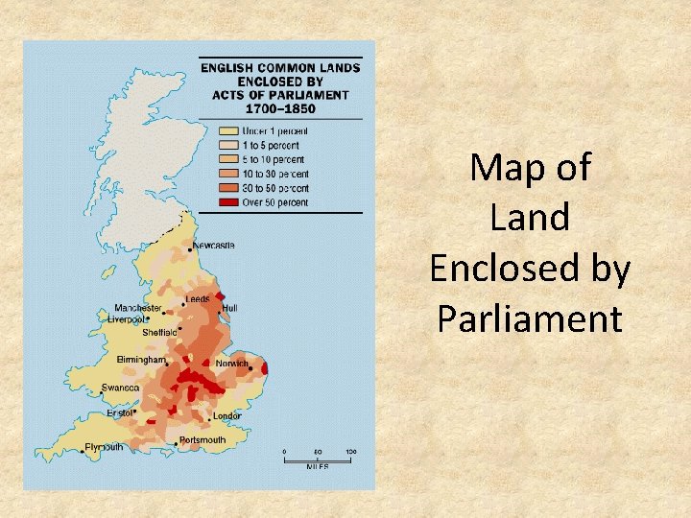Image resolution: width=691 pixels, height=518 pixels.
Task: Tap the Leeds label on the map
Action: click(198, 299)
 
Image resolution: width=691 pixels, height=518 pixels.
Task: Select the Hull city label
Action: click(229, 308)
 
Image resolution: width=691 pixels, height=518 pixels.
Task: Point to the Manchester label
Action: click(138, 308)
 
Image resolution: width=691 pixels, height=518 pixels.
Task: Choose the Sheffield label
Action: click(159, 332)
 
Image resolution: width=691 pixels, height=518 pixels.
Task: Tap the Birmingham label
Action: click(141, 359)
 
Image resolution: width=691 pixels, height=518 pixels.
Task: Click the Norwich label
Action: click(231, 364)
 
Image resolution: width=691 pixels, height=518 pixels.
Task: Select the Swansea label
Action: click(120, 388)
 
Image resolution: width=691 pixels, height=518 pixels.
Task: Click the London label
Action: click(227, 416)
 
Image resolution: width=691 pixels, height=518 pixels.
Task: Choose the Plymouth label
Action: click(104, 447)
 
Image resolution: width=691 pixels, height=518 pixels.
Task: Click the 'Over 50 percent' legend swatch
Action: click(228, 203)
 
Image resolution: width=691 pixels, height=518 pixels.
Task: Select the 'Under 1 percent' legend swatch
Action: click(228, 129)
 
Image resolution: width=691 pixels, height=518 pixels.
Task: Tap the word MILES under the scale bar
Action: click(318, 466)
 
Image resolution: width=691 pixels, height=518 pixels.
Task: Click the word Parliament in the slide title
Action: click(530, 318)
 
